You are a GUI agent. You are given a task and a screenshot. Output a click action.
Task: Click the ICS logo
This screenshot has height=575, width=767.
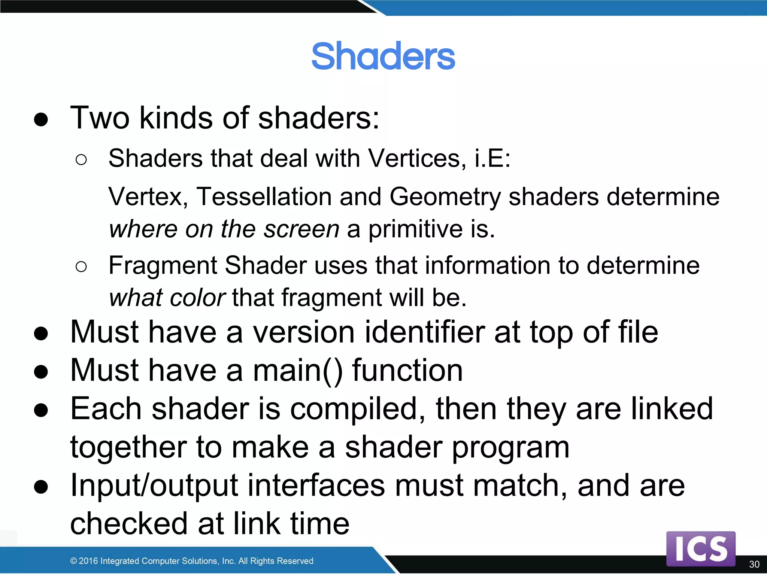(701, 549)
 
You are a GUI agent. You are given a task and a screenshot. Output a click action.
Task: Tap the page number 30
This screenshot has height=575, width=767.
(754, 564)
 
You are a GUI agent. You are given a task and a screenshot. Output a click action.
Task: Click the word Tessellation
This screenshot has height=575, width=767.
(264, 197)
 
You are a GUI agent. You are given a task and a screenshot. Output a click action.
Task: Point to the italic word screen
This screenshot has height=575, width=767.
(301, 229)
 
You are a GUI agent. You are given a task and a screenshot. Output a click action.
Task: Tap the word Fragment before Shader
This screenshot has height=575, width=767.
(163, 266)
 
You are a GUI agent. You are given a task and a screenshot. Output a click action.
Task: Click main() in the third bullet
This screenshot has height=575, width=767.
(298, 371)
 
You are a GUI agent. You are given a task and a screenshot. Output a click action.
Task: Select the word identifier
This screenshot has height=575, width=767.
(425, 332)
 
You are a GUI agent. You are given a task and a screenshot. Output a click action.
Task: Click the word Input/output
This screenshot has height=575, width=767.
(154, 486)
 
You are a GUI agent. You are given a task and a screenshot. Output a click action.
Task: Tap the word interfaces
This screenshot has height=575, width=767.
(316, 486)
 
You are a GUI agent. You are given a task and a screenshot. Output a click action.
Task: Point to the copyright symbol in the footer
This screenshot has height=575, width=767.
(73, 561)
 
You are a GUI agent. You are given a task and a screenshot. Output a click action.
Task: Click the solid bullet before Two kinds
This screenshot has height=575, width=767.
(41, 119)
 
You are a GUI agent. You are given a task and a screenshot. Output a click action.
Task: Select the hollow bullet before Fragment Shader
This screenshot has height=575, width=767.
(81, 267)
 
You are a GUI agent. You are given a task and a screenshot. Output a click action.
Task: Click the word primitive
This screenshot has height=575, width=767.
(415, 229)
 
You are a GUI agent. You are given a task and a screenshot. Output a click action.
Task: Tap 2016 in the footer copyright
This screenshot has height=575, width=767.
(88, 561)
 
